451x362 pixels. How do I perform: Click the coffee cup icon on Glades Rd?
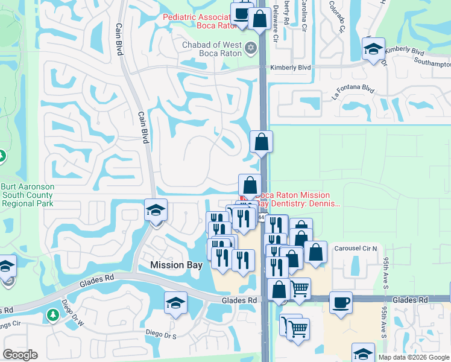coord(341,302)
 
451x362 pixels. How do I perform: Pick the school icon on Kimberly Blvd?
coord(373,48)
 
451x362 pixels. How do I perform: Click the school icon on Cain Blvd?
coord(156,211)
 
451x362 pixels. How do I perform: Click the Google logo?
coord(20,355)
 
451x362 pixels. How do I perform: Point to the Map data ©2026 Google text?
coord(414,357)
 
